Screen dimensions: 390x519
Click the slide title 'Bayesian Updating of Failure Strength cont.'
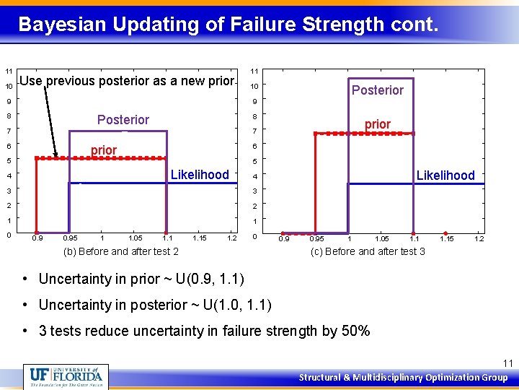[x=228, y=25]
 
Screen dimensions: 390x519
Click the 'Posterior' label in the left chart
[x=123, y=119]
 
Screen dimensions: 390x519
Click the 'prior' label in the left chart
[x=104, y=150]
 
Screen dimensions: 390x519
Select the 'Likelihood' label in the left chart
[x=200, y=175]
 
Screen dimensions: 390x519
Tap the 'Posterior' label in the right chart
[x=377, y=90]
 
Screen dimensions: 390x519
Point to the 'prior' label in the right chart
[x=377, y=124]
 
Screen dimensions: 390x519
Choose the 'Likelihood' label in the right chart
[x=445, y=175]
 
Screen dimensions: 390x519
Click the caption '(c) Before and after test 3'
[x=368, y=251]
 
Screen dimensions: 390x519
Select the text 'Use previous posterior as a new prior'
[x=127, y=81]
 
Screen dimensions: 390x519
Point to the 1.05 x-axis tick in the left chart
[x=135, y=238]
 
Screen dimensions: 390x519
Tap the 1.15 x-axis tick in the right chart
[x=447, y=239]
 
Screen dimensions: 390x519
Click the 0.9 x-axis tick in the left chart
[x=37, y=238]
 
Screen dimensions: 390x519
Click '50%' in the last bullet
[x=355, y=331]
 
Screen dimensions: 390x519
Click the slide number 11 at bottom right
[x=507, y=363]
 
